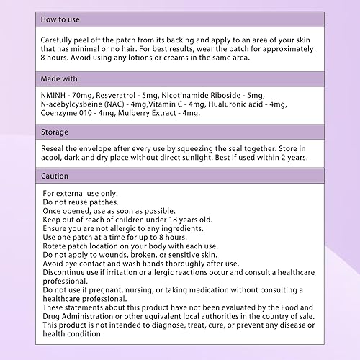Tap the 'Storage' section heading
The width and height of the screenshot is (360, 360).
(x=56, y=132)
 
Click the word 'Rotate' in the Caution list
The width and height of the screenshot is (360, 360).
(x=57, y=246)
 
